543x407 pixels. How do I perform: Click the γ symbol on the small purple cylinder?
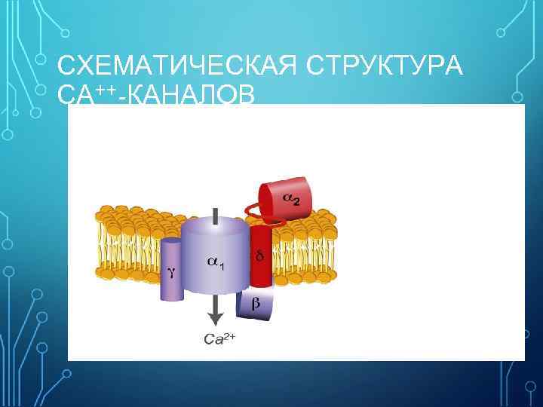pyautogui.click(x=172, y=273)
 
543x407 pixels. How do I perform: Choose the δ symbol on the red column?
pyautogui.click(x=259, y=256)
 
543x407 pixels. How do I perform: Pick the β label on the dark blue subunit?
pyautogui.click(x=255, y=303)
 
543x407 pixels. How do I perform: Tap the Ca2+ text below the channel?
pyautogui.click(x=220, y=339)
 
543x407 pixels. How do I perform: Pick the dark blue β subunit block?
pyautogui.click(x=254, y=305)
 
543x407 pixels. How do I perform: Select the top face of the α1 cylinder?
pyautogui.click(x=216, y=226)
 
